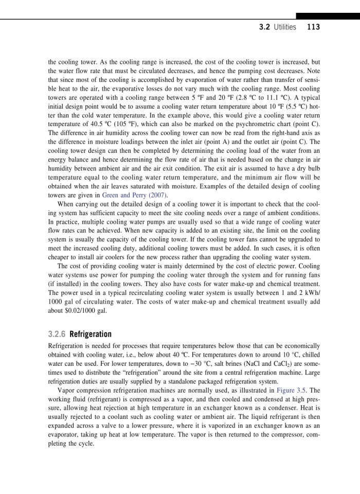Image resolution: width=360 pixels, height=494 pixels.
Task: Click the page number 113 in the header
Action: click(x=313, y=27)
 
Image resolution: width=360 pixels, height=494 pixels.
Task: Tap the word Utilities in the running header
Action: click(x=285, y=27)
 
